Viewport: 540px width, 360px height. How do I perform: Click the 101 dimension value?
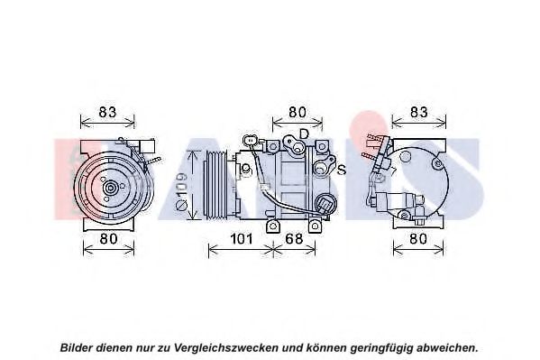[x=242, y=238]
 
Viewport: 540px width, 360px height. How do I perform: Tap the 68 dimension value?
[x=294, y=238]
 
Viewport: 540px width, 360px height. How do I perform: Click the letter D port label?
[x=304, y=134]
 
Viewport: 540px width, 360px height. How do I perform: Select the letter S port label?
[x=341, y=170]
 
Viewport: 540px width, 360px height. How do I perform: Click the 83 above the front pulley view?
[x=107, y=112]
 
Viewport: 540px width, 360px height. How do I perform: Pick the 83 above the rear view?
[x=419, y=112]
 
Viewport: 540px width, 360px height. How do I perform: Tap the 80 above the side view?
[x=297, y=112]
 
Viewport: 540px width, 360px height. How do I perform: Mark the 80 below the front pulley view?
[x=108, y=238]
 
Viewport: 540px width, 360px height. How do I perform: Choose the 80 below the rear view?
[x=418, y=238]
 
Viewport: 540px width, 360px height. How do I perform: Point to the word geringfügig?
[x=382, y=347]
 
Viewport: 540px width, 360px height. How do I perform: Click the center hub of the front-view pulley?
[x=111, y=188]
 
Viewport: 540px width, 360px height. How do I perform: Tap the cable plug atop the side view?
[x=249, y=141]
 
